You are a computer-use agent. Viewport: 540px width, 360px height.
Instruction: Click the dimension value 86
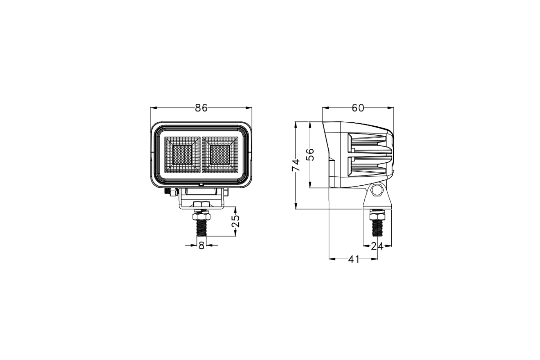[x=201, y=108]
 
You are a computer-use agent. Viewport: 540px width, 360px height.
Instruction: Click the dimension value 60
[x=358, y=108]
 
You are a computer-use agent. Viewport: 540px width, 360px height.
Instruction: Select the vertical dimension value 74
[x=296, y=165]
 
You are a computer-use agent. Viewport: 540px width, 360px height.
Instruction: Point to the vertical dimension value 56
[x=310, y=154]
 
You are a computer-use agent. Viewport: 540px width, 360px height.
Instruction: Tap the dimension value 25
[x=235, y=221]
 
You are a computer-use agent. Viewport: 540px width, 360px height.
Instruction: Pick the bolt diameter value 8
[x=201, y=246]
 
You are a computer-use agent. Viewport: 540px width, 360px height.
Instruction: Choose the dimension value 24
[x=377, y=246]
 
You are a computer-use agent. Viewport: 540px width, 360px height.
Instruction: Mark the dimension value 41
[x=354, y=259]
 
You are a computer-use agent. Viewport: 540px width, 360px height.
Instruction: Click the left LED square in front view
[x=182, y=155]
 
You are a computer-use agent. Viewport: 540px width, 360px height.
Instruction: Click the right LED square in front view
[x=220, y=155]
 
